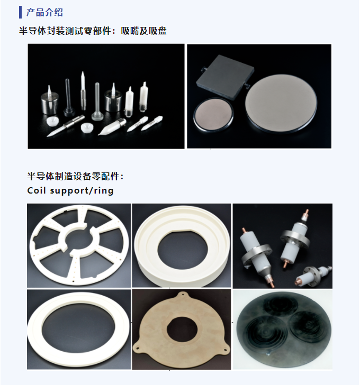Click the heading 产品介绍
[44, 12]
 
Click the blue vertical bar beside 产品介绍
[20, 12]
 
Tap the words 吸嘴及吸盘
[144, 31]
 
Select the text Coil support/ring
[70, 190]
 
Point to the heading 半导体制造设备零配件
[74, 176]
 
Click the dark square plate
[225, 75]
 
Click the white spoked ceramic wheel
[79, 245]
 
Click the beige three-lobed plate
[182, 329]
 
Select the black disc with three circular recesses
[282, 329]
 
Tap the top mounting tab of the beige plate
[182, 294]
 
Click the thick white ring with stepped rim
[182, 245]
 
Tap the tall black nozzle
[68, 98]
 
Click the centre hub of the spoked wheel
[79, 240]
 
